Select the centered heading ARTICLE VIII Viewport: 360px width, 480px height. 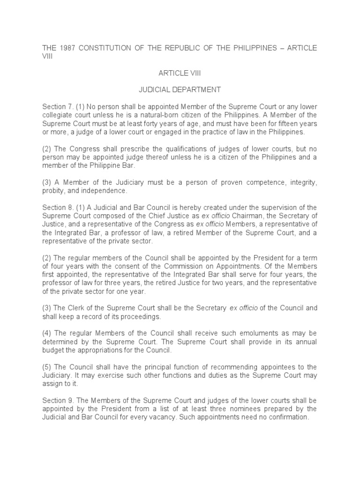(x=180, y=75)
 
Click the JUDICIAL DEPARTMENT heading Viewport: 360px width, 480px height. (x=180, y=89)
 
